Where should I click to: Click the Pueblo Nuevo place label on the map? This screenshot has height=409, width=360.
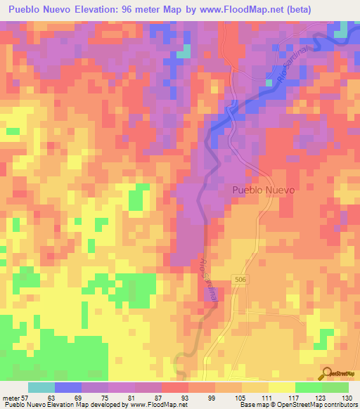pyautogui.click(x=262, y=190)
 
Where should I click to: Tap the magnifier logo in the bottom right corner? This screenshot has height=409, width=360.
pyautogui.click(x=326, y=373)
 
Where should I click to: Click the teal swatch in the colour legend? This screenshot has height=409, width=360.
pyautogui.click(x=41, y=387)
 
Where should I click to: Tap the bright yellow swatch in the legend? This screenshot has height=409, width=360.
pyautogui.click(x=282, y=387)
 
